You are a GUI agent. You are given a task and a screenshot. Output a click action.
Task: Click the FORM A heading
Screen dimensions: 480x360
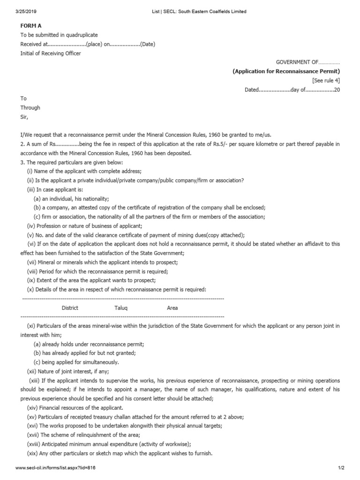click(30, 26)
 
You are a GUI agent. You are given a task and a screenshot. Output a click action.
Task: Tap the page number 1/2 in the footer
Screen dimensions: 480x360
click(341, 468)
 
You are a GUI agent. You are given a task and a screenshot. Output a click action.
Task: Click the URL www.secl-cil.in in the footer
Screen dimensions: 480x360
click(52, 468)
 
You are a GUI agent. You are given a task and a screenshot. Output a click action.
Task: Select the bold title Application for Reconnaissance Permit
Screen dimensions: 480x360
click(286, 71)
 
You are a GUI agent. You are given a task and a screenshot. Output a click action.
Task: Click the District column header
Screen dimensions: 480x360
click(70, 308)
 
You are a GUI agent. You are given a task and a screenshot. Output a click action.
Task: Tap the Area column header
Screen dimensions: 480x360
click(172, 308)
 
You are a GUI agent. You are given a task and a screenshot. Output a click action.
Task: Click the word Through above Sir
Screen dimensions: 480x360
click(30, 108)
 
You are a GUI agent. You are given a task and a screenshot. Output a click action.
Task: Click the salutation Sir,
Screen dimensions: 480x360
click(24, 117)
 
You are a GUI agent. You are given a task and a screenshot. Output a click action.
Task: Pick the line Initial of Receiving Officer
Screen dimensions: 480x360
click(50, 53)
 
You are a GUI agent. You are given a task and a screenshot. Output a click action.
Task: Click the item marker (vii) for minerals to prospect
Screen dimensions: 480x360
click(32, 262)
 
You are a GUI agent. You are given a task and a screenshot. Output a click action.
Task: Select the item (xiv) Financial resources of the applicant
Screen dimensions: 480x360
click(75, 408)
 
